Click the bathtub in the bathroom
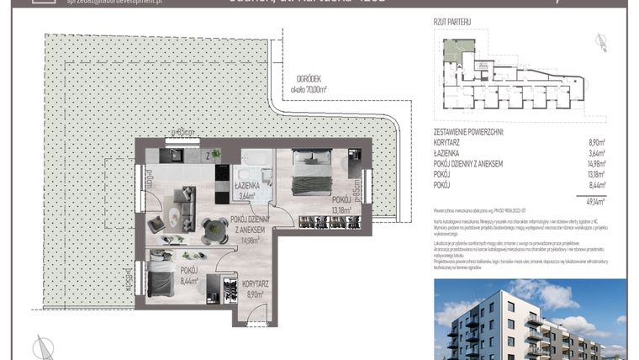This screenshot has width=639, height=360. pyautogui.click(x=252, y=162)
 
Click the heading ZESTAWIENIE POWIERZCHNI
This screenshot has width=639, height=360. pyautogui.click(x=468, y=133)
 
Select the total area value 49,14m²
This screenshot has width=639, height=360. pyautogui.click(x=595, y=201)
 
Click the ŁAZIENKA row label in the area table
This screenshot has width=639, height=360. pyautogui.click(x=448, y=154)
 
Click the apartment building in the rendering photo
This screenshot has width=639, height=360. pyautogui.click(x=504, y=324)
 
